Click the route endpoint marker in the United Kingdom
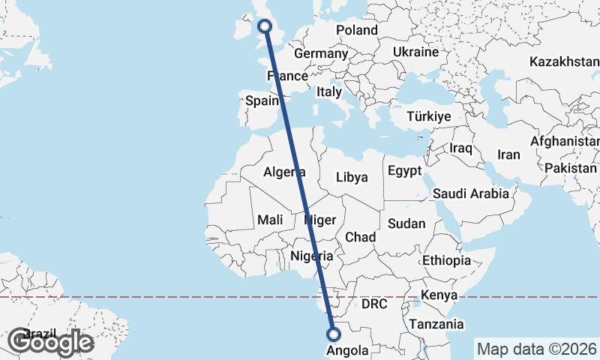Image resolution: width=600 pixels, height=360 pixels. (265, 27)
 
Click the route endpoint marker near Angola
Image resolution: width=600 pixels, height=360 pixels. (334, 334)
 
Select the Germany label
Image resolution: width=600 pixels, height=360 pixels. (320, 54)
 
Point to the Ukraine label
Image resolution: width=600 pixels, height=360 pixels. (415, 52)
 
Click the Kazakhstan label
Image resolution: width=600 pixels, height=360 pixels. (563, 61)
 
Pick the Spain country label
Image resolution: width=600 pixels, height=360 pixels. (262, 100)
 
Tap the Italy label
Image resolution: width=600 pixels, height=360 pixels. (328, 91)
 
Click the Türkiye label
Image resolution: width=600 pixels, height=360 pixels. (428, 116)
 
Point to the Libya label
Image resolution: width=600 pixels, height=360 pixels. (352, 177)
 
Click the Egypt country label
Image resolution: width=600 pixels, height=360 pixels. (405, 171)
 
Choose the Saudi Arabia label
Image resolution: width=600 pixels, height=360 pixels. (471, 193)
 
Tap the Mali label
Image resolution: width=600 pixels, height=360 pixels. (269, 220)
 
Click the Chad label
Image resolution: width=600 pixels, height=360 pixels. (360, 237)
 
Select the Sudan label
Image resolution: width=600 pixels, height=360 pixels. (407, 223)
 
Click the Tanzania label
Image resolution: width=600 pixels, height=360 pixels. (436, 325)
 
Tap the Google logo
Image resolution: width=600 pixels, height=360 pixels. (50, 342)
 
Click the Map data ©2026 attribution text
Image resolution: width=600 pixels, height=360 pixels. (536, 349)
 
